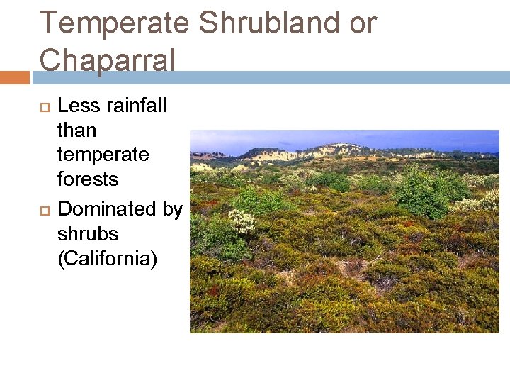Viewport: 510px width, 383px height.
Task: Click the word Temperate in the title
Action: point(114,23)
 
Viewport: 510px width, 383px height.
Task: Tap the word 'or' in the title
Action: point(363,23)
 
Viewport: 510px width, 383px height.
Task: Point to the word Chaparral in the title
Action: point(107,60)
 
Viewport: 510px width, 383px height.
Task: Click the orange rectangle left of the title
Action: point(14,77)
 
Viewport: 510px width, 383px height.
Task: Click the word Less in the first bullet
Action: point(76,106)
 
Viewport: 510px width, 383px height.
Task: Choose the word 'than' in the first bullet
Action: point(76,131)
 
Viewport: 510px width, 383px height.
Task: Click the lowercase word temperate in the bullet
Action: point(103,155)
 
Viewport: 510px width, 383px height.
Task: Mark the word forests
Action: point(88,179)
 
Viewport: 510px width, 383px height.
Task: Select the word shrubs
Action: point(88,234)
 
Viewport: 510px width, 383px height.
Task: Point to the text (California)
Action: point(107,259)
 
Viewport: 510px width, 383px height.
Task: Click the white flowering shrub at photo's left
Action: point(242,221)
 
